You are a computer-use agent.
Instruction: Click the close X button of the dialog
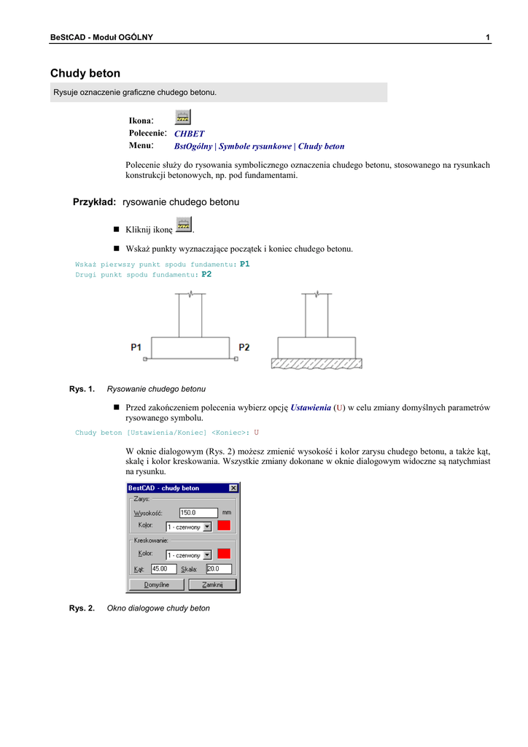click(233, 488)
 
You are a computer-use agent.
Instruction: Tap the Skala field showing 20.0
click(218, 569)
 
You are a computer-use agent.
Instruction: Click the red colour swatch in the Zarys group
click(225, 526)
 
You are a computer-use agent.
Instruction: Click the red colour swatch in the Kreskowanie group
click(225, 554)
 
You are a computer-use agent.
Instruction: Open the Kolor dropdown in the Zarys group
click(207, 527)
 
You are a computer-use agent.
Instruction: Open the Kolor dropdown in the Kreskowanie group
click(207, 554)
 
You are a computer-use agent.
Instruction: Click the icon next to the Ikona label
click(183, 117)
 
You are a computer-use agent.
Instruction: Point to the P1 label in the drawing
click(136, 348)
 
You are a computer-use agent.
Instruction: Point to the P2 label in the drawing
click(244, 348)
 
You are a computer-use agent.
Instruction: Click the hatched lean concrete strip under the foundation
click(317, 363)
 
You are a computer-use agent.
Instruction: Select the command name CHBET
click(190, 134)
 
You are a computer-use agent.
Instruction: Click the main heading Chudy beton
click(85, 74)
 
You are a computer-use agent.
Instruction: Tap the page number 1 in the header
click(487, 37)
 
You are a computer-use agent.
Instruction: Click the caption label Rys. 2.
click(82, 608)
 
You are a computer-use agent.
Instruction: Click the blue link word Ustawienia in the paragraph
click(311, 408)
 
